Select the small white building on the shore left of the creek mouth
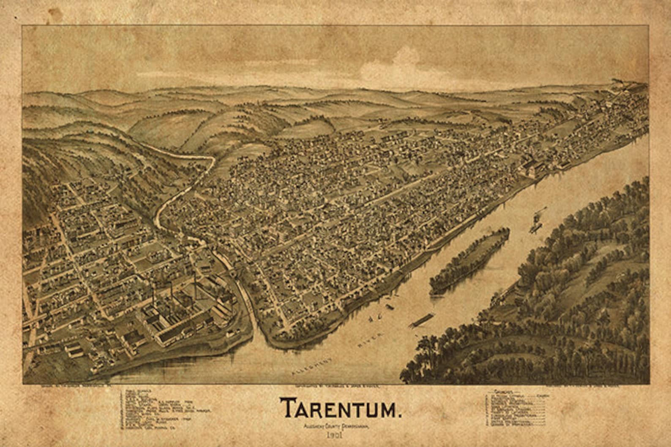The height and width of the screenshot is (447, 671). click(x=230, y=333)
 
